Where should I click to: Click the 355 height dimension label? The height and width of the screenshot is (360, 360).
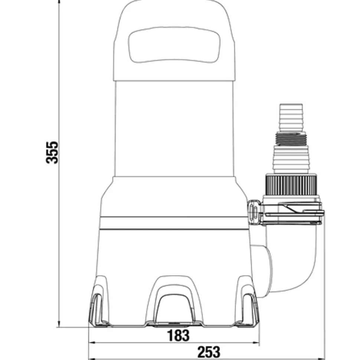pos(52,152)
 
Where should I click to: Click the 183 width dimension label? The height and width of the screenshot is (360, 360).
pos(178,336)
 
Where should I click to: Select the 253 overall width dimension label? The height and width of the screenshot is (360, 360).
pos(209,352)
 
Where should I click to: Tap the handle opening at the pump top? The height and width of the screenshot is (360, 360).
pos(174,45)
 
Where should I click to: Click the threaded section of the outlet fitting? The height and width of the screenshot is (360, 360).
pos(291,139)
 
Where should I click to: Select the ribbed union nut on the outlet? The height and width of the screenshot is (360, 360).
pos(291,185)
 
